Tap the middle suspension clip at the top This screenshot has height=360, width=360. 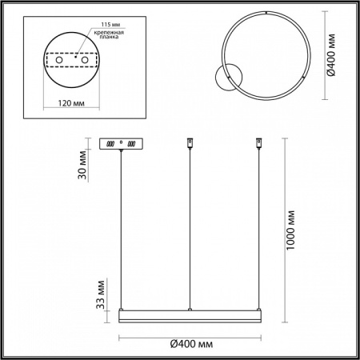[x=189, y=144]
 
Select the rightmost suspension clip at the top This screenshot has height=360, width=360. [x=258, y=144]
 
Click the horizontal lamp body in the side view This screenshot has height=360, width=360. [x=190, y=311]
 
